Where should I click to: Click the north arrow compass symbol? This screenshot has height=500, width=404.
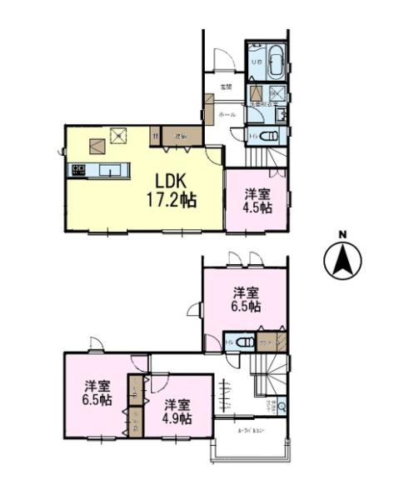342,261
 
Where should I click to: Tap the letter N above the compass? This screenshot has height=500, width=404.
342,234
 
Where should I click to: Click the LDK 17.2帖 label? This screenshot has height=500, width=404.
172,190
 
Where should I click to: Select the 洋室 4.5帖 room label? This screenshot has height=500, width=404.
257,201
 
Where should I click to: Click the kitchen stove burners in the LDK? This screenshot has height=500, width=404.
79,171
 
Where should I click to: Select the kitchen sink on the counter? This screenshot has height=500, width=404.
110,171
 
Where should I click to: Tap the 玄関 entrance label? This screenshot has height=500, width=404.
225,87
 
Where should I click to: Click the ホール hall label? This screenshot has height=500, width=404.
226,112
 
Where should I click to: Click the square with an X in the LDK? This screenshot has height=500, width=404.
120,132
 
